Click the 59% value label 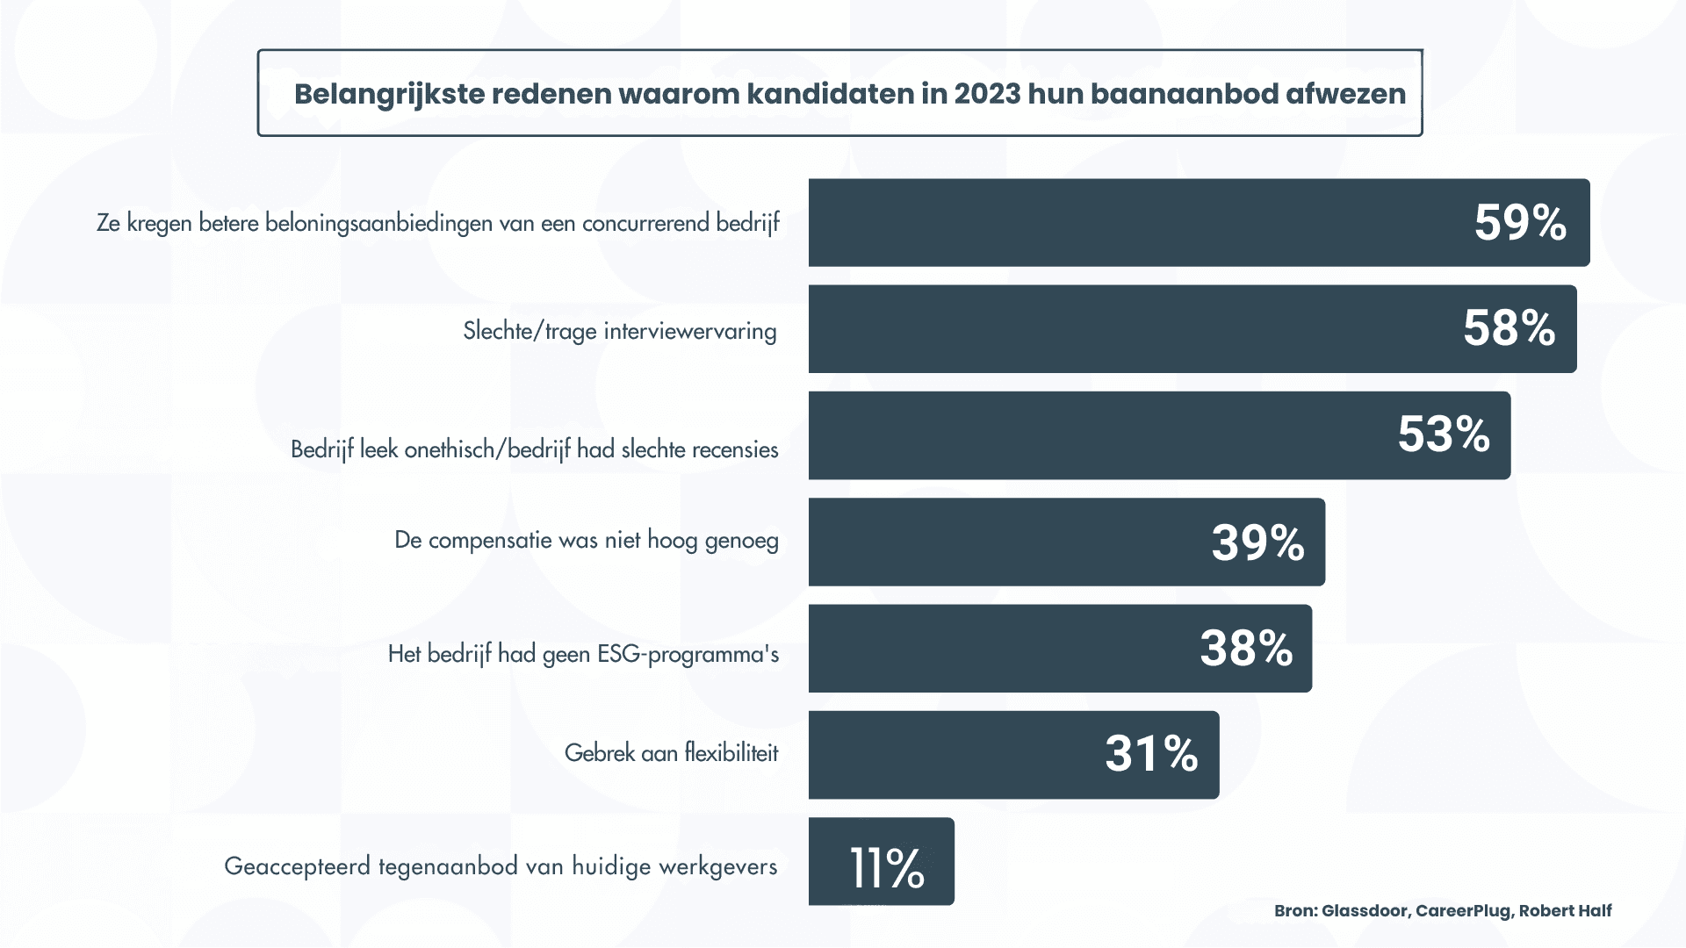point(1520,223)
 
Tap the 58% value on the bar point(1509,329)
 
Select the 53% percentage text point(1444,435)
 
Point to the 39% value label point(1257,542)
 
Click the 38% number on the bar point(1246,650)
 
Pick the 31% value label point(1151,755)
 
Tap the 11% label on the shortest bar point(887,869)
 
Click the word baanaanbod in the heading point(1184,94)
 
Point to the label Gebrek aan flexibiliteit point(671,753)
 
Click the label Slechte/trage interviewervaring point(619,332)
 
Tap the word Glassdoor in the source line point(1365,911)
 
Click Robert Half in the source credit point(1565,911)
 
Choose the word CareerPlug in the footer point(1463,911)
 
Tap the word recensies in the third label point(735,450)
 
